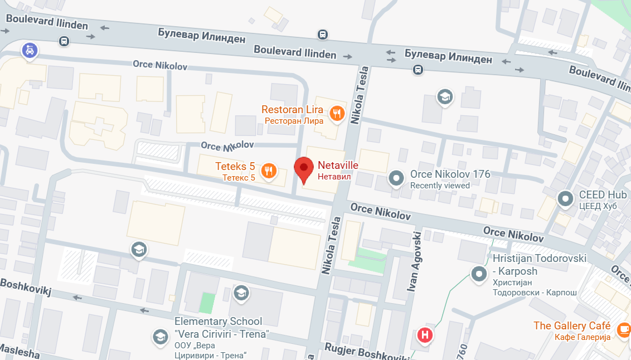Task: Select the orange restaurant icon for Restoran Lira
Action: click(x=337, y=114)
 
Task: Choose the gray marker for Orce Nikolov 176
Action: click(x=396, y=178)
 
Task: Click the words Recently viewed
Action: click(x=440, y=186)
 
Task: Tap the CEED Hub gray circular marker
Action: click(x=566, y=198)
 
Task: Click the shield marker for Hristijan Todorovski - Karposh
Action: click(x=478, y=274)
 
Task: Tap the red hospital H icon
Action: click(x=425, y=335)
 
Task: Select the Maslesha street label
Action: click(x=20, y=353)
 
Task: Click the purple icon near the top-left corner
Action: click(x=30, y=51)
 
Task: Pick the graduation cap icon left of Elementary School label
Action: click(x=160, y=336)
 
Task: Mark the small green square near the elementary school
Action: click(x=207, y=303)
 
